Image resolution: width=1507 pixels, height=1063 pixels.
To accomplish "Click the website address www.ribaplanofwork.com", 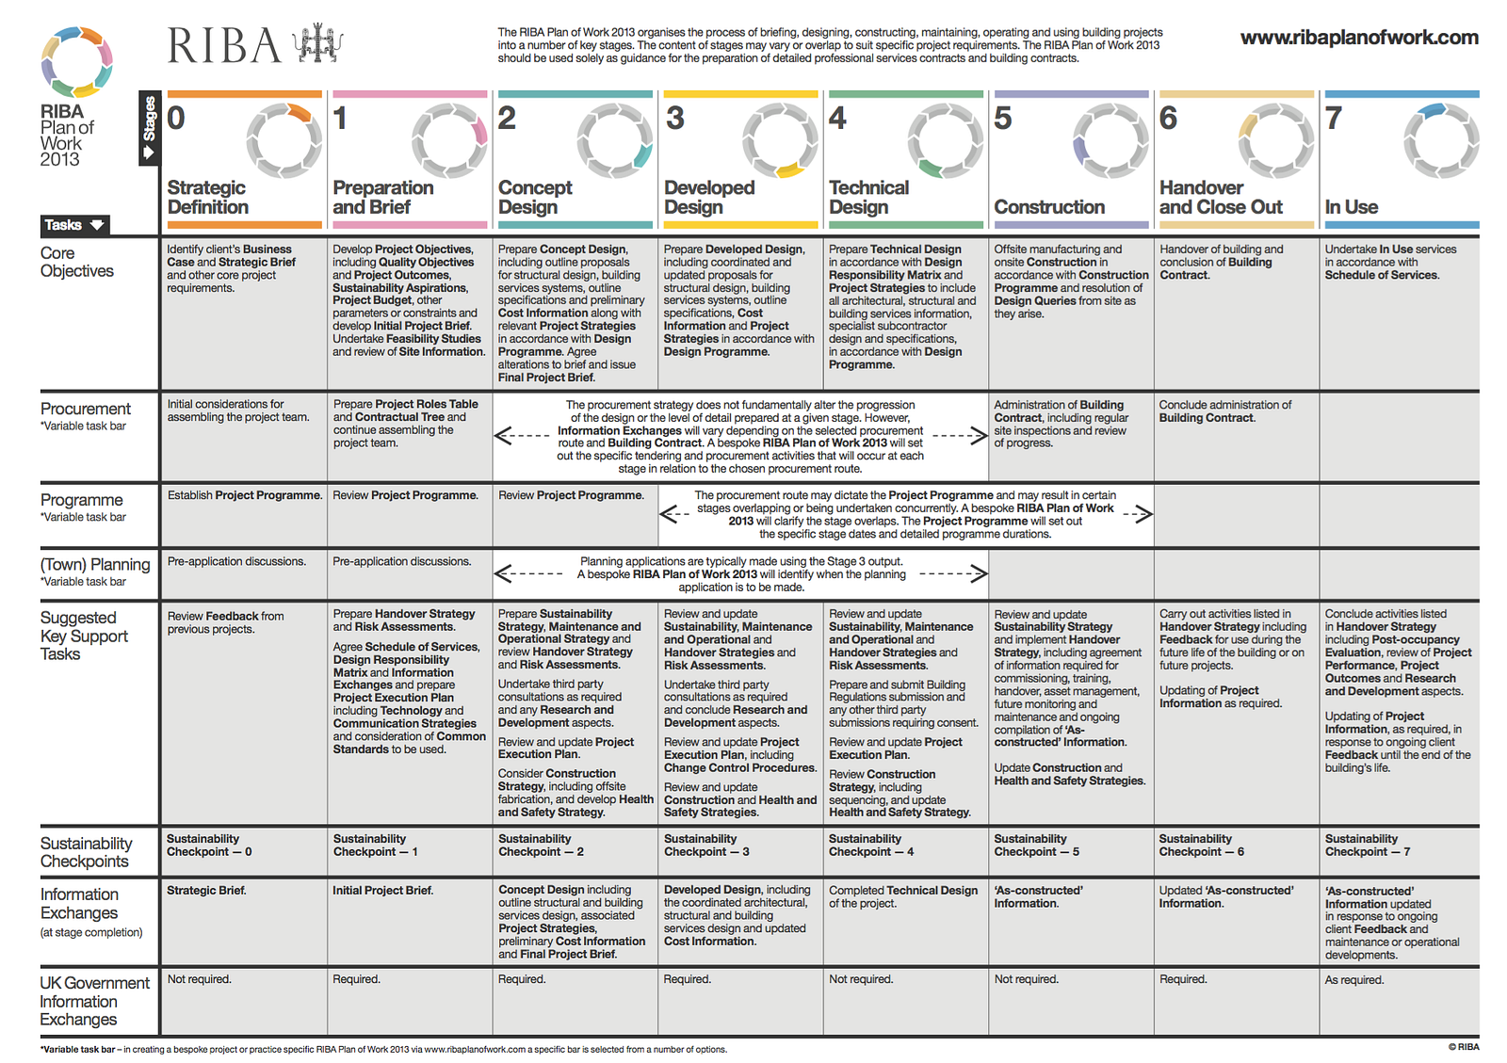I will [1358, 38].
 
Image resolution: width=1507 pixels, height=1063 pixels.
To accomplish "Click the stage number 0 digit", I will [176, 119].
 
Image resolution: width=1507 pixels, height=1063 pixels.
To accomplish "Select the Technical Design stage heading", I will [868, 197].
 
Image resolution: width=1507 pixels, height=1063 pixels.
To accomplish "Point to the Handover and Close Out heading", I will [1221, 197].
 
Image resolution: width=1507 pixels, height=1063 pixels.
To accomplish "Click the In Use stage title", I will [1351, 207].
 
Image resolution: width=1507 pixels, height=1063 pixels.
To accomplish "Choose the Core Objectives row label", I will [76, 262].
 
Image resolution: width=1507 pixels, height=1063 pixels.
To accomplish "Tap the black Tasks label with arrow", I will [74, 225].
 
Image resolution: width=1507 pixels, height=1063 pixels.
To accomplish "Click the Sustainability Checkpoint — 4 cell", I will [871, 846].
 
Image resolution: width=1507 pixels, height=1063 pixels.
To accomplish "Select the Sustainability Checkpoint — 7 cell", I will [1368, 846].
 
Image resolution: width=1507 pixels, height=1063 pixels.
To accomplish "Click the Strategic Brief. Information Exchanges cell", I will [206, 891].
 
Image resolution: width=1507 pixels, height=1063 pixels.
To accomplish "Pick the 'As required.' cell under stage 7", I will [1354, 980].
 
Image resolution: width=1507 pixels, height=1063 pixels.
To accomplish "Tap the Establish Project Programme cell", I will [244, 495].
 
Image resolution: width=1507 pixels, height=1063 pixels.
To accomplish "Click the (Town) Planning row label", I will [94, 565].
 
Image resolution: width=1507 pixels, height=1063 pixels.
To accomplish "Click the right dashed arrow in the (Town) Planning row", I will [953, 573].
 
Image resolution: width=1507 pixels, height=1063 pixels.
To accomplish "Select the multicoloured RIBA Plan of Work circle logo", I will [76, 62].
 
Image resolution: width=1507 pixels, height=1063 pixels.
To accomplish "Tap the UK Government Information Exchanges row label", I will [94, 1001].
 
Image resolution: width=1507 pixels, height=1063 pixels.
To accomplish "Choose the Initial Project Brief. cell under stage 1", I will [382, 891].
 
